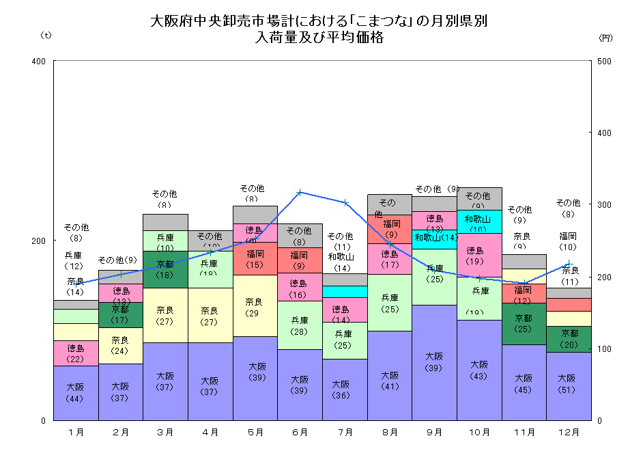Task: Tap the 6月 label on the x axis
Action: tap(300, 432)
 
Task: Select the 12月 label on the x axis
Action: tap(569, 432)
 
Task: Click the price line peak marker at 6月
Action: tap(300, 192)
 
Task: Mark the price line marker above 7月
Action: tap(345, 202)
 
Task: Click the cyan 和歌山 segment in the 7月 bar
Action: tap(345, 292)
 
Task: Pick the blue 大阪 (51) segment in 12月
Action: tap(569, 386)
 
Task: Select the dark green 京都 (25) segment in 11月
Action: tap(524, 323)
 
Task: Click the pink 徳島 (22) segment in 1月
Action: tap(76, 353)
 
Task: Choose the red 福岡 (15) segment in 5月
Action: tap(255, 258)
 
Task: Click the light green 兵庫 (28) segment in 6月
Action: tap(300, 325)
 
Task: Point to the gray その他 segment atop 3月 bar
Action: tap(165, 222)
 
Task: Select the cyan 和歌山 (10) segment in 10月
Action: tap(479, 221)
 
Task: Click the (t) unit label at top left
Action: tap(46, 34)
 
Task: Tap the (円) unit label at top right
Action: tap(605, 38)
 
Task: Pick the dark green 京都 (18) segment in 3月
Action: tap(165, 269)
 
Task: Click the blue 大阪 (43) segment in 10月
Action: tap(479, 370)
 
